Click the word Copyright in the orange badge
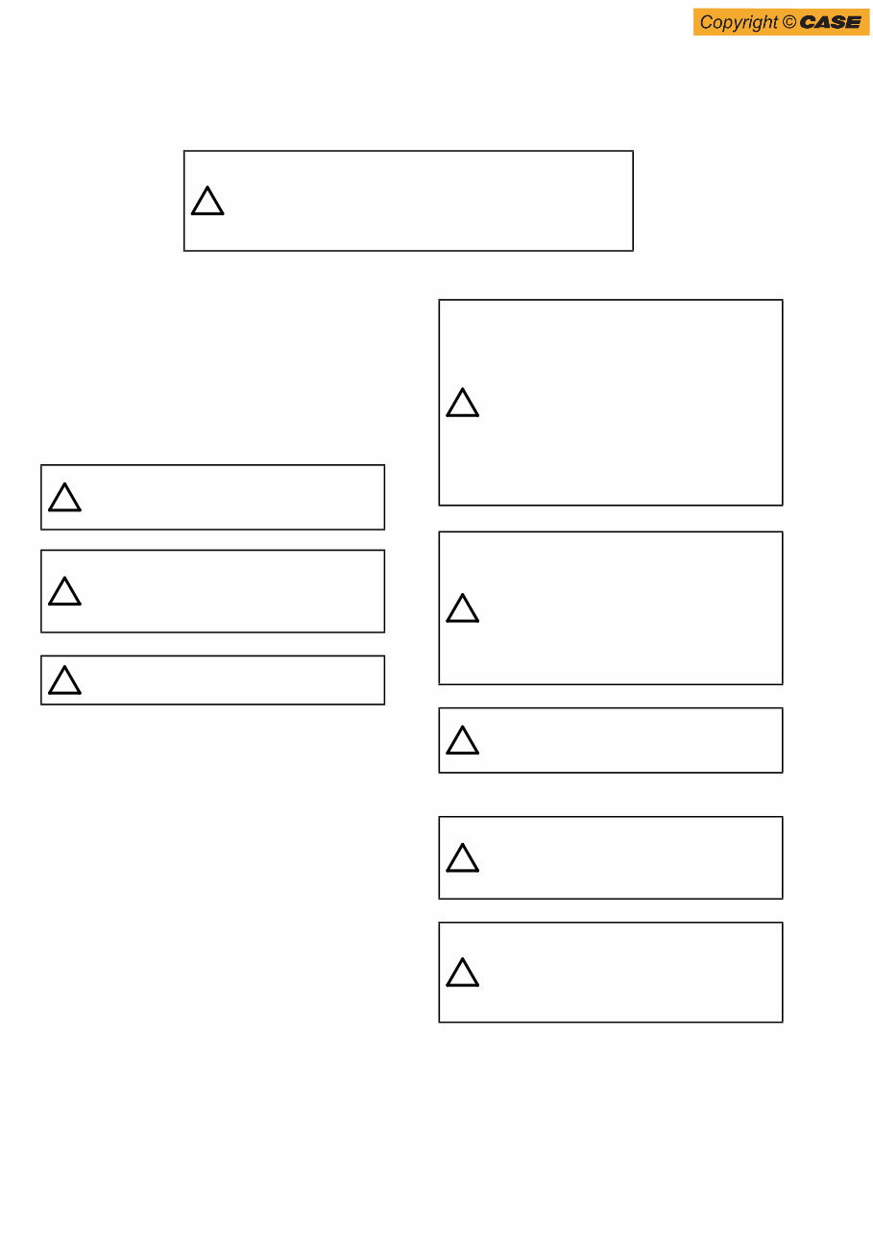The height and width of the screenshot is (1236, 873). [739, 23]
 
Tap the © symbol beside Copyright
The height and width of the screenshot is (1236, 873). [789, 22]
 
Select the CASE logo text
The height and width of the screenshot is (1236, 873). [830, 22]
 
